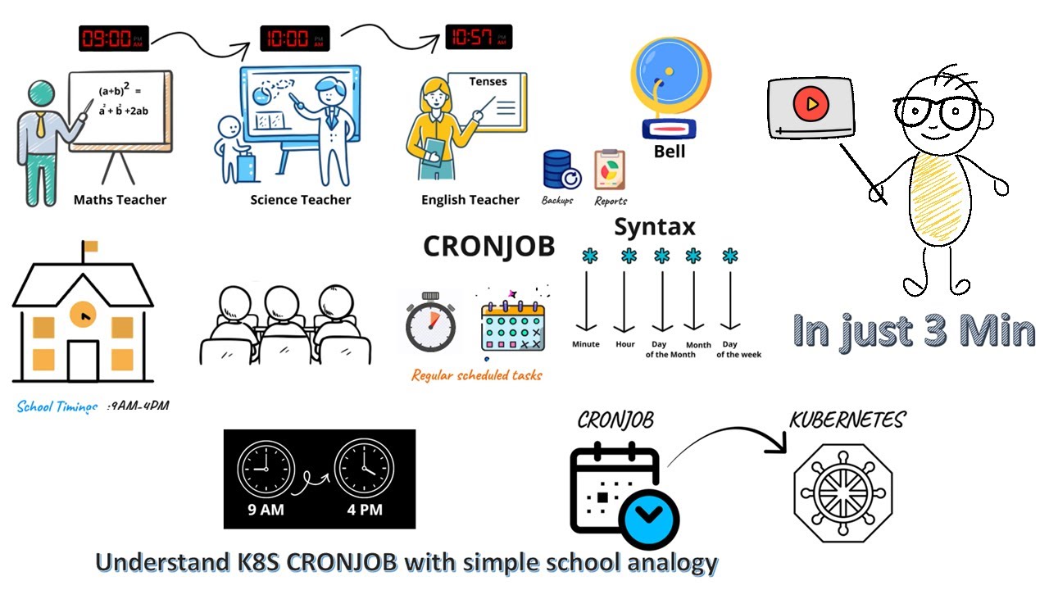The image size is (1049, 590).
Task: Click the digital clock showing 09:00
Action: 113,39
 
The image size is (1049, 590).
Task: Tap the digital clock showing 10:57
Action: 479,37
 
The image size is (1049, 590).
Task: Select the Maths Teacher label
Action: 120,199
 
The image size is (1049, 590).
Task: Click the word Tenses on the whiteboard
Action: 488,81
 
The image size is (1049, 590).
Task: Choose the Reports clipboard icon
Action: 609,170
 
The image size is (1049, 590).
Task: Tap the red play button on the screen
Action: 810,104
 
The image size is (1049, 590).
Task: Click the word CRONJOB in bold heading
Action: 488,247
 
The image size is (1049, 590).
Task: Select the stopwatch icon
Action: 429,321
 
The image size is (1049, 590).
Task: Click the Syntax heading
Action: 655,226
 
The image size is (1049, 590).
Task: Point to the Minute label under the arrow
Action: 586,344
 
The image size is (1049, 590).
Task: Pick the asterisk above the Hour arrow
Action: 628,256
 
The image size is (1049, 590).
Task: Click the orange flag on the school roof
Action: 90,246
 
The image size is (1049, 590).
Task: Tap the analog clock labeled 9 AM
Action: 265,468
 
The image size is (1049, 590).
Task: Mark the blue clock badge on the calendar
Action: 649,514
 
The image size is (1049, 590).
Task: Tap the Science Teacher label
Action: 300,199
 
